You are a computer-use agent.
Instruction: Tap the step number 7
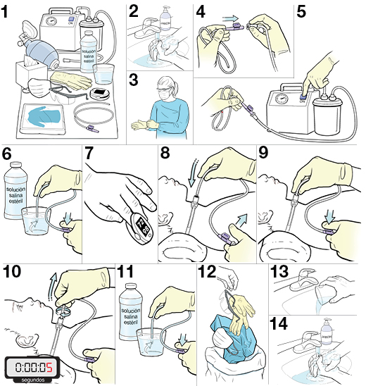[x=89, y=154]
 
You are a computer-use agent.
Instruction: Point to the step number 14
[x=279, y=322]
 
